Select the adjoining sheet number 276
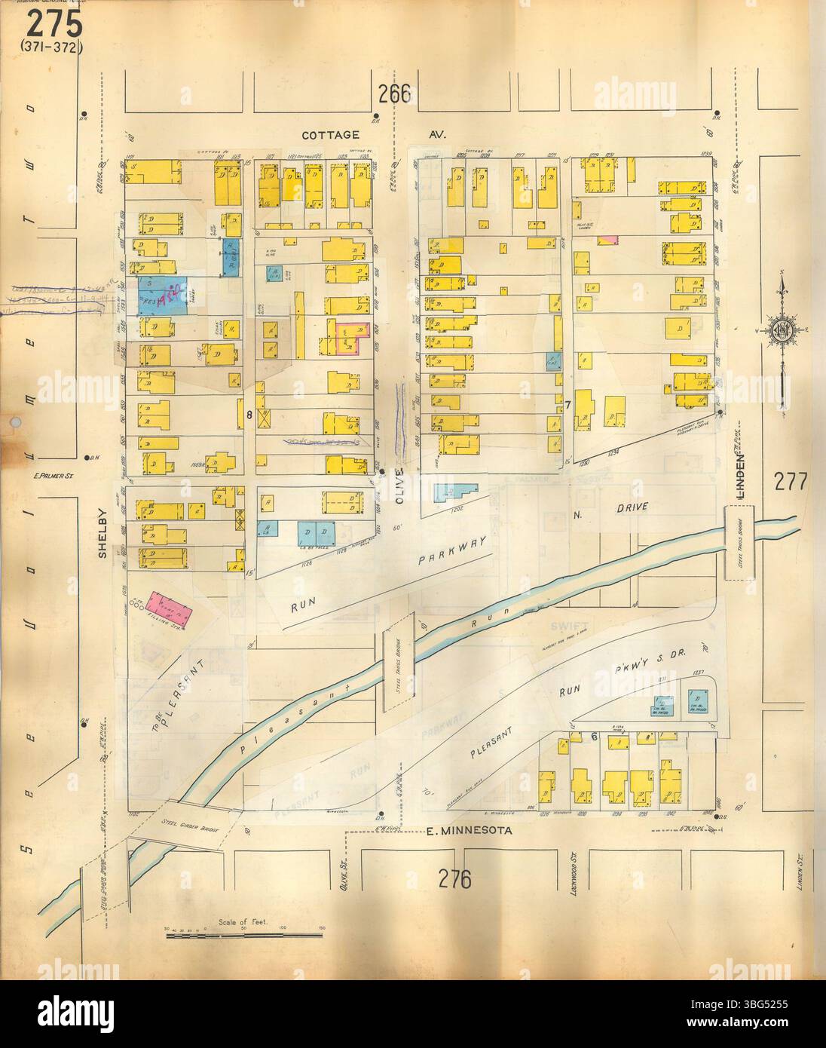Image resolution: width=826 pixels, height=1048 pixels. click(453, 878)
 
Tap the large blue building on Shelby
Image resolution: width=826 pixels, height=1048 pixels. click(161, 295)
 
